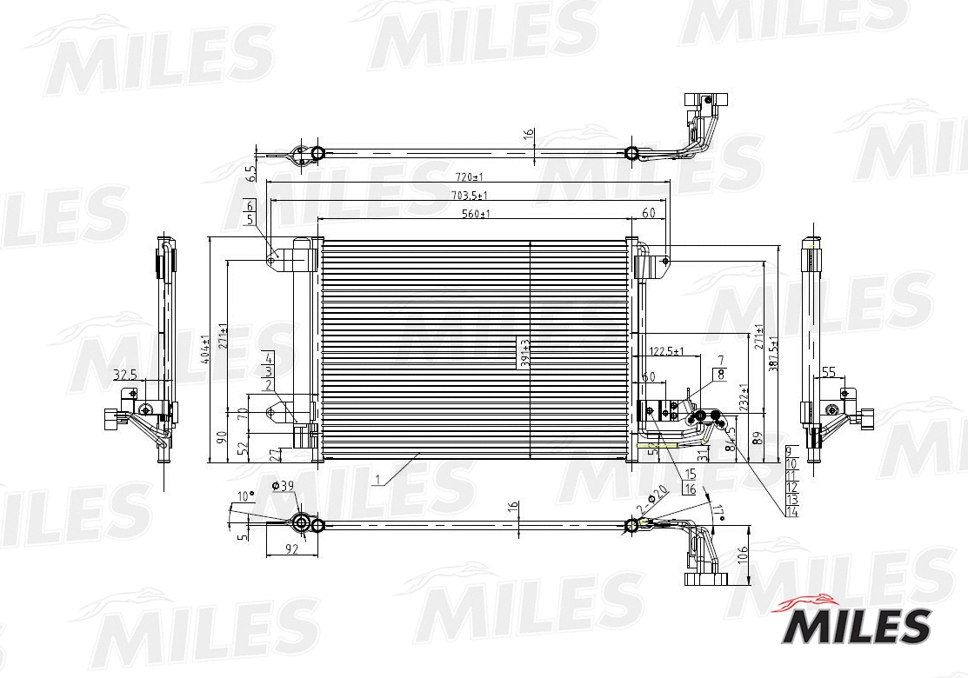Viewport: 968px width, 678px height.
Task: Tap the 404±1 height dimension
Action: (x=206, y=348)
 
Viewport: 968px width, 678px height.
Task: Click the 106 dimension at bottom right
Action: (x=742, y=554)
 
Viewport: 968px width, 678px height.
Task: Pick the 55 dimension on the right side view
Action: (x=828, y=371)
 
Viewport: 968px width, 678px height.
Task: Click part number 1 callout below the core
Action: (x=378, y=479)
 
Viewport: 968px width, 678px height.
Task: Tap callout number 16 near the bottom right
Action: (x=691, y=489)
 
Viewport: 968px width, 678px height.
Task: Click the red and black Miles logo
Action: (x=858, y=621)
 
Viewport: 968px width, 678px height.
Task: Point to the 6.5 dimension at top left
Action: (x=250, y=173)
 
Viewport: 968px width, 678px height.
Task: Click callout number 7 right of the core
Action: (x=720, y=359)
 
